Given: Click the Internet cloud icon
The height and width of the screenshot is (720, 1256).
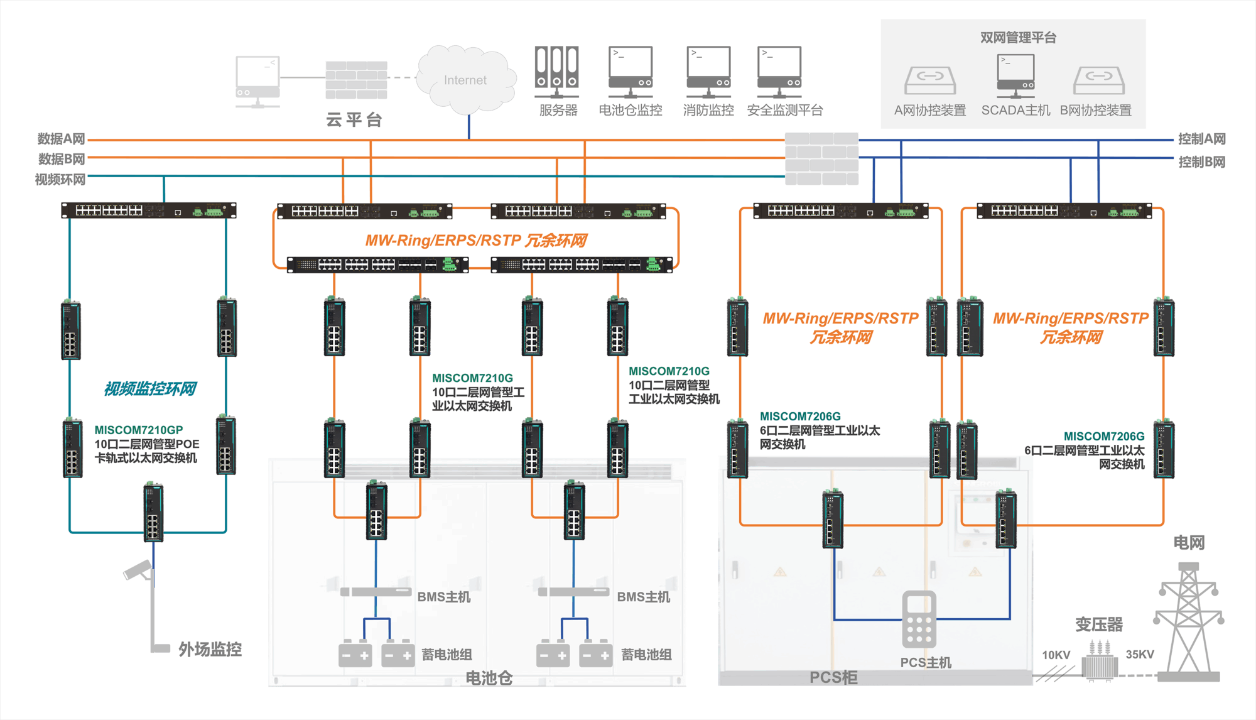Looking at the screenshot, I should coord(466,79).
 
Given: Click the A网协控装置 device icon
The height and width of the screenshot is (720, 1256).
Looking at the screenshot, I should coord(930,80).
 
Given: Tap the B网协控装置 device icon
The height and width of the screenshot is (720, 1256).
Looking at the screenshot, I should coord(1098,80).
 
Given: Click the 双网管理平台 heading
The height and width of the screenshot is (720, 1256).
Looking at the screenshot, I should coord(1018,38).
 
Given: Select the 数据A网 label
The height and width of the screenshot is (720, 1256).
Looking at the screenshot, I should coord(61,139).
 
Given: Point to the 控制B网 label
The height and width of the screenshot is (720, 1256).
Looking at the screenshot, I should coord(1201,162).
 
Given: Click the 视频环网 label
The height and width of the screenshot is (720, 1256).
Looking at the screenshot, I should coord(60,180).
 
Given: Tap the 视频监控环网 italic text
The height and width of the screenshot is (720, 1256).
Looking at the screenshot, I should coord(150,389).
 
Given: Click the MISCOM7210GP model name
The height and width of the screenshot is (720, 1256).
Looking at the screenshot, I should coord(139,430).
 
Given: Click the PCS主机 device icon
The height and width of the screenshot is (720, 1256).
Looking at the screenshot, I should coord(919,619).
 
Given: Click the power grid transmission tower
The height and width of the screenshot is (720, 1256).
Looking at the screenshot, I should coord(1188,622).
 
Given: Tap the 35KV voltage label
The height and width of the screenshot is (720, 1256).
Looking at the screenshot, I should coord(1139,655).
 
